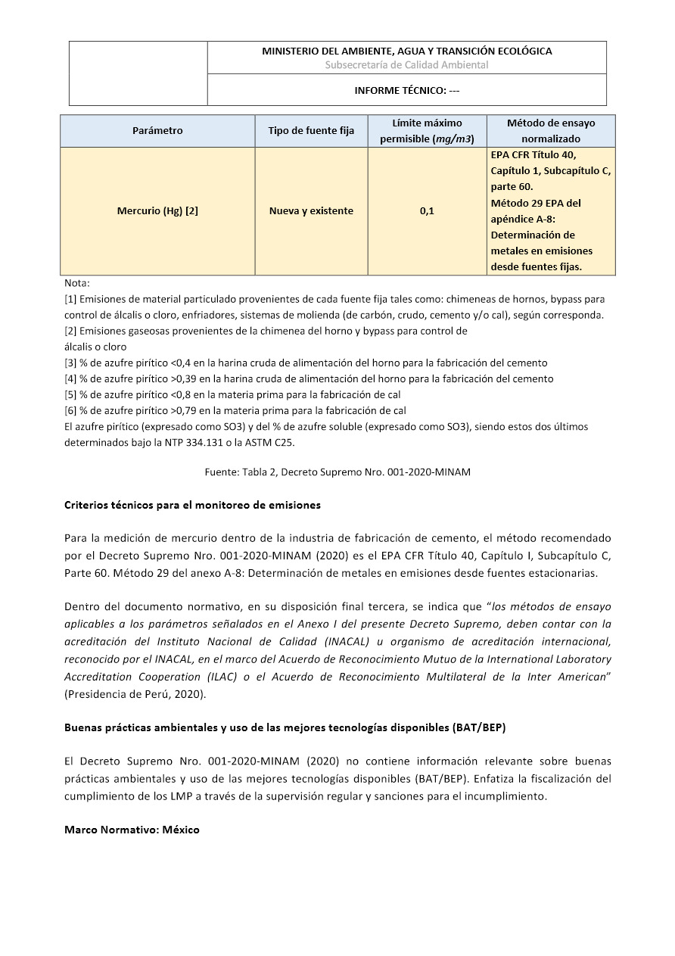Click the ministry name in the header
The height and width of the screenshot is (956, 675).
(x=406, y=51)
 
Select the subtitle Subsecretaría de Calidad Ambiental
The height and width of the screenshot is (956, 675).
(x=406, y=65)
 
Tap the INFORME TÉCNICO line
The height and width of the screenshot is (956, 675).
(x=406, y=91)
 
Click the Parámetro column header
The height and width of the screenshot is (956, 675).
(x=157, y=131)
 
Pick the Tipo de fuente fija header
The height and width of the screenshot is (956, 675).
(x=311, y=131)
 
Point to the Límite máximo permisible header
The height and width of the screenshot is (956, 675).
(x=427, y=131)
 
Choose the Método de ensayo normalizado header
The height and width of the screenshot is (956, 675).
(x=551, y=131)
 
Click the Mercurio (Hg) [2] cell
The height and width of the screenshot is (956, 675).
(x=157, y=211)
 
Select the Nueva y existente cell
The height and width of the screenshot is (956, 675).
(x=311, y=211)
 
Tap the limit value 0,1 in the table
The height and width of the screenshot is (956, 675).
(x=427, y=211)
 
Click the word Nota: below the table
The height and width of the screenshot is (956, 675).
(x=77, y=283)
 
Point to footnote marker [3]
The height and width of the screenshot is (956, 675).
(x=70, y=363)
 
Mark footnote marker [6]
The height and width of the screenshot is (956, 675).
(x=70, y=411)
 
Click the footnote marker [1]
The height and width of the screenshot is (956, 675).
(x=70, y=300)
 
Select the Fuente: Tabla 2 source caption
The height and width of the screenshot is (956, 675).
(x=337, y=472)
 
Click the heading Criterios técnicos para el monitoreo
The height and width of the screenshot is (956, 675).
(x=192, y=505)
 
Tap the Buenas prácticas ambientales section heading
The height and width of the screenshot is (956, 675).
(x=285, y=728)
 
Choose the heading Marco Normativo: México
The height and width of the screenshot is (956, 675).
(x=132, y=830)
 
